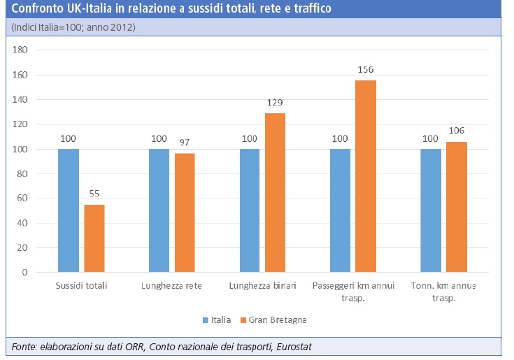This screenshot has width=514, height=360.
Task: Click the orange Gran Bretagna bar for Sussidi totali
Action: click(x=94, y=238)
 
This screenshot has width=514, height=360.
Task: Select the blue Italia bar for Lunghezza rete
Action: click(x=159, y=210)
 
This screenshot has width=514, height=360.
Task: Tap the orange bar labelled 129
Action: click(x=276, y=192)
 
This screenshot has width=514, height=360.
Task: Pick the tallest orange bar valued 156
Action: click(x=366, y=176)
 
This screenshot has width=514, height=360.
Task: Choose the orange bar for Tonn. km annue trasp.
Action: click(x=456, y=207)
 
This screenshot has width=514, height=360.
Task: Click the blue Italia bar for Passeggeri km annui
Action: click(x=340, y=210)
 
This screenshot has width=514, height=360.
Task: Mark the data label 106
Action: click(x=457, y=131)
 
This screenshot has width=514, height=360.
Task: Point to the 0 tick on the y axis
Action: click(x=24, y=273)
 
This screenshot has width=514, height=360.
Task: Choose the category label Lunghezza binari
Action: click(x=262, y=286)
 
